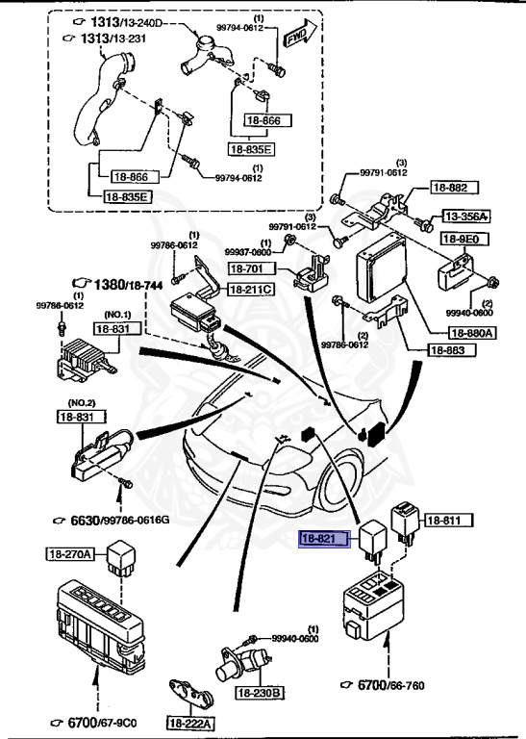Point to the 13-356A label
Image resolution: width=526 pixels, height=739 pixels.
pyautogui.click(x=465, y=217)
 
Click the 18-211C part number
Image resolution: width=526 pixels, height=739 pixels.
pyautogui.click(x=251, y=290)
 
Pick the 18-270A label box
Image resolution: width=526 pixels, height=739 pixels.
pyautogui.click(x=70, y=553)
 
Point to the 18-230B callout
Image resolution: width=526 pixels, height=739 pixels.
pyautogui.click(x=262, y=692)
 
